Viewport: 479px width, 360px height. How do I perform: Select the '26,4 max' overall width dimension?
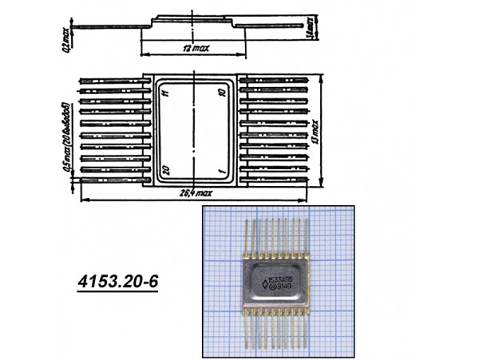point(196,192)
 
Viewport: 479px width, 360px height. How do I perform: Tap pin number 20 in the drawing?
point(165,170)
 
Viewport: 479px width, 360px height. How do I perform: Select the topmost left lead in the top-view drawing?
point(112,81)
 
